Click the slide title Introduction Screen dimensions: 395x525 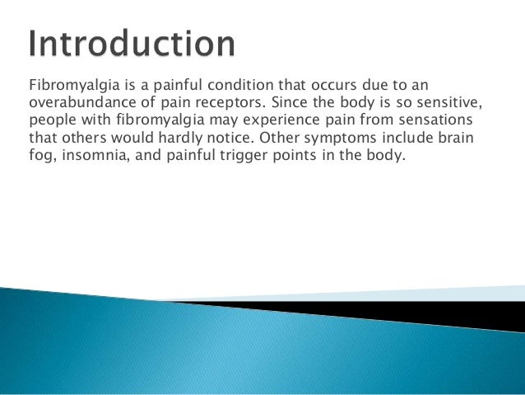[132, 45]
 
